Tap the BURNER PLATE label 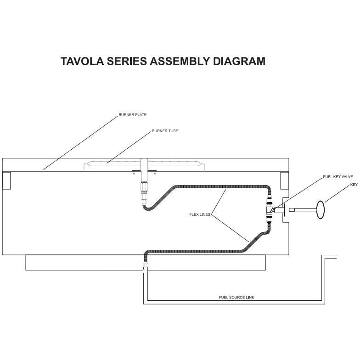tap(133, 115)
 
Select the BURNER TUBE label tap(165, 131)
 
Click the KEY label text tap(354, 185)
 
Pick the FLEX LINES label tap(199, 214)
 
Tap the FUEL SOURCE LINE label tap(236, 298)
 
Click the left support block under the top tap(6, 180)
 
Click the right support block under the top tap(284, 180)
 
